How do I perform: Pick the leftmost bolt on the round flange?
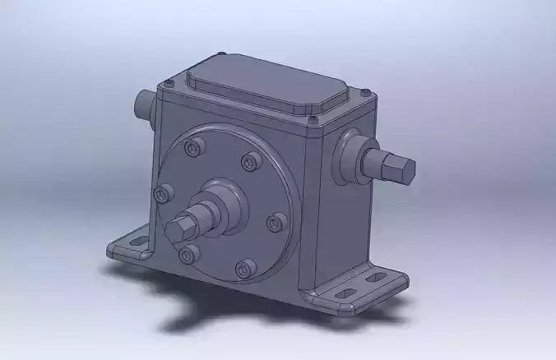pyautogui.click(x=164, y=193)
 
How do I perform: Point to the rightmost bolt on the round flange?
pyautogui.click(x=277, y=221)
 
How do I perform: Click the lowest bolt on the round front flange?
pyautogui.click(x=245, y=268)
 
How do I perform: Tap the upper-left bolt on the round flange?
pyautogui.click(x=194, y=148)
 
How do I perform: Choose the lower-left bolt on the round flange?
pyautogui.click(x=188, y=252)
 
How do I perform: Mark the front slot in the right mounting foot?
pyautogui.click(x=345, y=292)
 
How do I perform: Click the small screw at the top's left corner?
pyautogui.click(x=168, y=82)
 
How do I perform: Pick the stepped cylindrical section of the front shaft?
pyautogui.click(x=206, y=215)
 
